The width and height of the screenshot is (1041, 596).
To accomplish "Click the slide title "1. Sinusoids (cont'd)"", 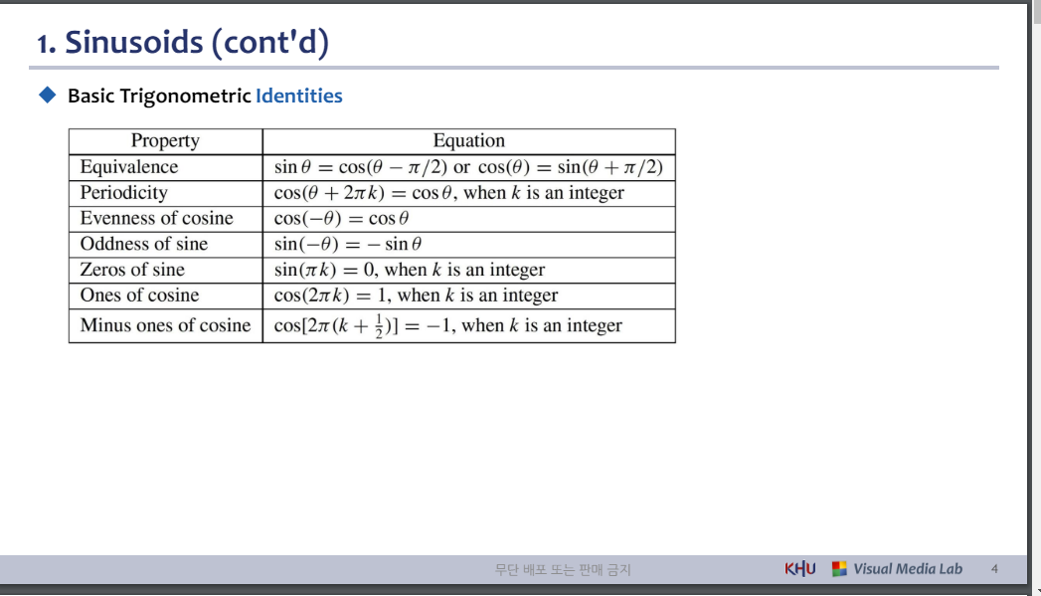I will [182, 43].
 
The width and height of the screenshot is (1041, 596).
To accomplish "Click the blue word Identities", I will [298, 97].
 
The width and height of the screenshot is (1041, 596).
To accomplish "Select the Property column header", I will [165, 141].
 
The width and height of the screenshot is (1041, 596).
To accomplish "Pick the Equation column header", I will [468, 141].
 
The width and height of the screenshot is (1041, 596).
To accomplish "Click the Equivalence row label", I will [129, 167].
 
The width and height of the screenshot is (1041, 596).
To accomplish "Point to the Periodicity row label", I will [123, 193].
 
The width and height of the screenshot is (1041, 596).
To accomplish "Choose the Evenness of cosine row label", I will [156, 219].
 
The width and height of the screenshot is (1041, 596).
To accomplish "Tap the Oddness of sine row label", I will [144, 244].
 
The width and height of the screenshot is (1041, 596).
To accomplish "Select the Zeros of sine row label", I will [132, 270].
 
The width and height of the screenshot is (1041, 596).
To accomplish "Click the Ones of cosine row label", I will [139, 296].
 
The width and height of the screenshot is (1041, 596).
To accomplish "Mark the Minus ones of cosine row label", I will [165, 325].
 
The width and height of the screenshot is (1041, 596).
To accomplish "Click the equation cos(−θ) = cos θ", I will [342, 219].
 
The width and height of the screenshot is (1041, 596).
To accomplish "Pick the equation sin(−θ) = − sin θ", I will [348, 244].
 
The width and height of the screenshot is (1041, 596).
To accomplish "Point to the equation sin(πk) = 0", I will [324, 270].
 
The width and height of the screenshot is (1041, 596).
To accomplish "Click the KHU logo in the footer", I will [799, 569].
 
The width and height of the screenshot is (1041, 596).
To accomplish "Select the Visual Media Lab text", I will [907, 569].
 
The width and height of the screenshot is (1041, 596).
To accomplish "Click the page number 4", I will [994, 569].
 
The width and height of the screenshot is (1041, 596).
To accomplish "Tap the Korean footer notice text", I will [563, 570].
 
